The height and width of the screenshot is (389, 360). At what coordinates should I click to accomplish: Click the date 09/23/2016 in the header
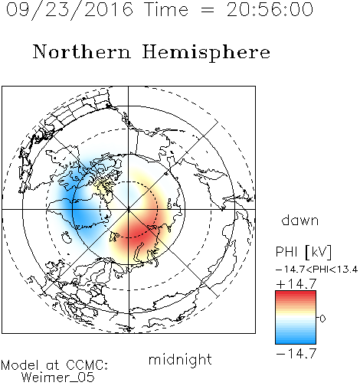tap(70, 10)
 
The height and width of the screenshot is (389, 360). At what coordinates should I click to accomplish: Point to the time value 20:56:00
tap(270, 9)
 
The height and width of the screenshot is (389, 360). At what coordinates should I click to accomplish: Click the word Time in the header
tap(166, 9)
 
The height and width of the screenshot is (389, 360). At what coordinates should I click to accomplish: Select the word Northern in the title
tap(82, 51)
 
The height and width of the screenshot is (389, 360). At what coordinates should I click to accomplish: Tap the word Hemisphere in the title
tap(206, 53)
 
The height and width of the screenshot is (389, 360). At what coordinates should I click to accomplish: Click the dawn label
tap(300, 220)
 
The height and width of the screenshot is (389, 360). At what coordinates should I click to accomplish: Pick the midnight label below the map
tap(180, 360)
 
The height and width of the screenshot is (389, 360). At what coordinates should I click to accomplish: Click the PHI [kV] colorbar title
tap(303, 252)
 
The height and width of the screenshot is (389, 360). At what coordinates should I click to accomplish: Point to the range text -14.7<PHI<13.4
tap(316, 270)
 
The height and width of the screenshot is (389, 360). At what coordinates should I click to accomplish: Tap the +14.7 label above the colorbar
tap(296, 284)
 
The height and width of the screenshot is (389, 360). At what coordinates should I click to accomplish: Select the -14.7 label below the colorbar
tap(296, 354)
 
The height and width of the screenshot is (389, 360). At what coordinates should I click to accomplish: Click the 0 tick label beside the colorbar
tap(322, 319)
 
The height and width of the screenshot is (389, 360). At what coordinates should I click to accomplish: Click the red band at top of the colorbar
tap(296, 296)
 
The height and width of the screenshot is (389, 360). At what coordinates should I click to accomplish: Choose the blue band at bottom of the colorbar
tap(296, 339)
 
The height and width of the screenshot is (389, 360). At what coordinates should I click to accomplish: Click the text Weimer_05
tap(58, 377)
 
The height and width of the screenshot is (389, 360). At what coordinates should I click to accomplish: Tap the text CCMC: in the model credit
tap(87, 365)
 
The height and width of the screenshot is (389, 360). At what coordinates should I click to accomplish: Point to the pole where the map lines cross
tap(129, 210)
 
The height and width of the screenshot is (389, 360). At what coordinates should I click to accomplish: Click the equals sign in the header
tap(208, 10)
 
